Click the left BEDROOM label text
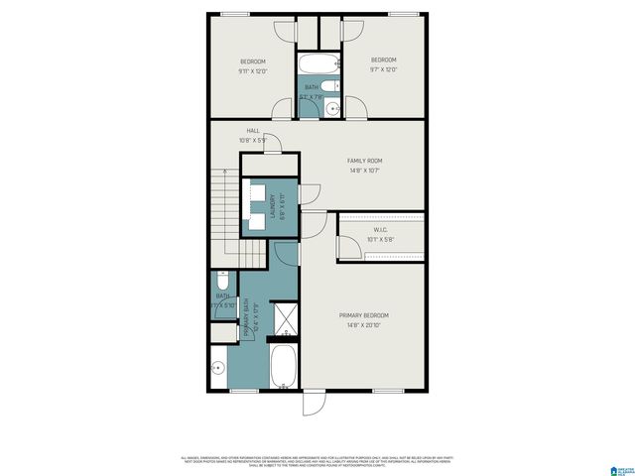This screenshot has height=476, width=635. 252,61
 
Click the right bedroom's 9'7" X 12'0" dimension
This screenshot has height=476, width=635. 383,70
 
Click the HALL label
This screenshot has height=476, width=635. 253,130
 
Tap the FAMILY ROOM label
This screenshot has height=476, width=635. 364,161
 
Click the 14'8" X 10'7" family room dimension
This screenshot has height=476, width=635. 364,171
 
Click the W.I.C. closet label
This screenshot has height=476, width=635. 381,229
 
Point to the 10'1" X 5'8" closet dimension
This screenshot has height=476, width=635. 381,239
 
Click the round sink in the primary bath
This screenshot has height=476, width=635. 218,368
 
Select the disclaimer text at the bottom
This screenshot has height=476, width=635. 317,460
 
